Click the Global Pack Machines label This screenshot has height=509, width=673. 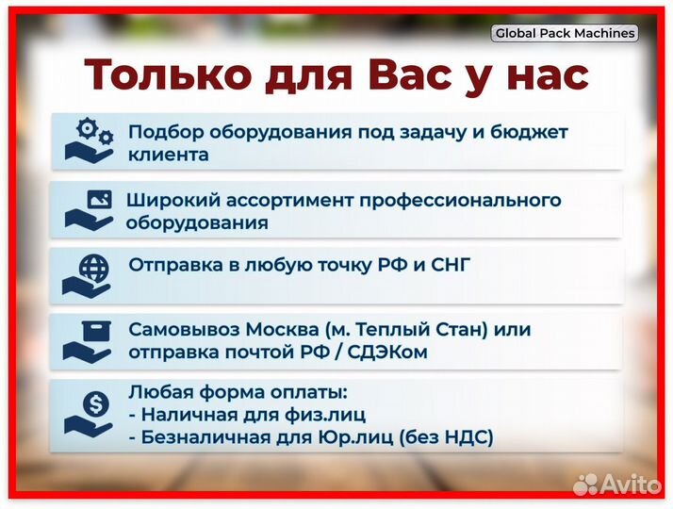pos(565,33)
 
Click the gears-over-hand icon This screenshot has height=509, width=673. pos(89,140)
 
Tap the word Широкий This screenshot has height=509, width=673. pos(168,200)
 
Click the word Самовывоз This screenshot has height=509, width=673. pos(185,330)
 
